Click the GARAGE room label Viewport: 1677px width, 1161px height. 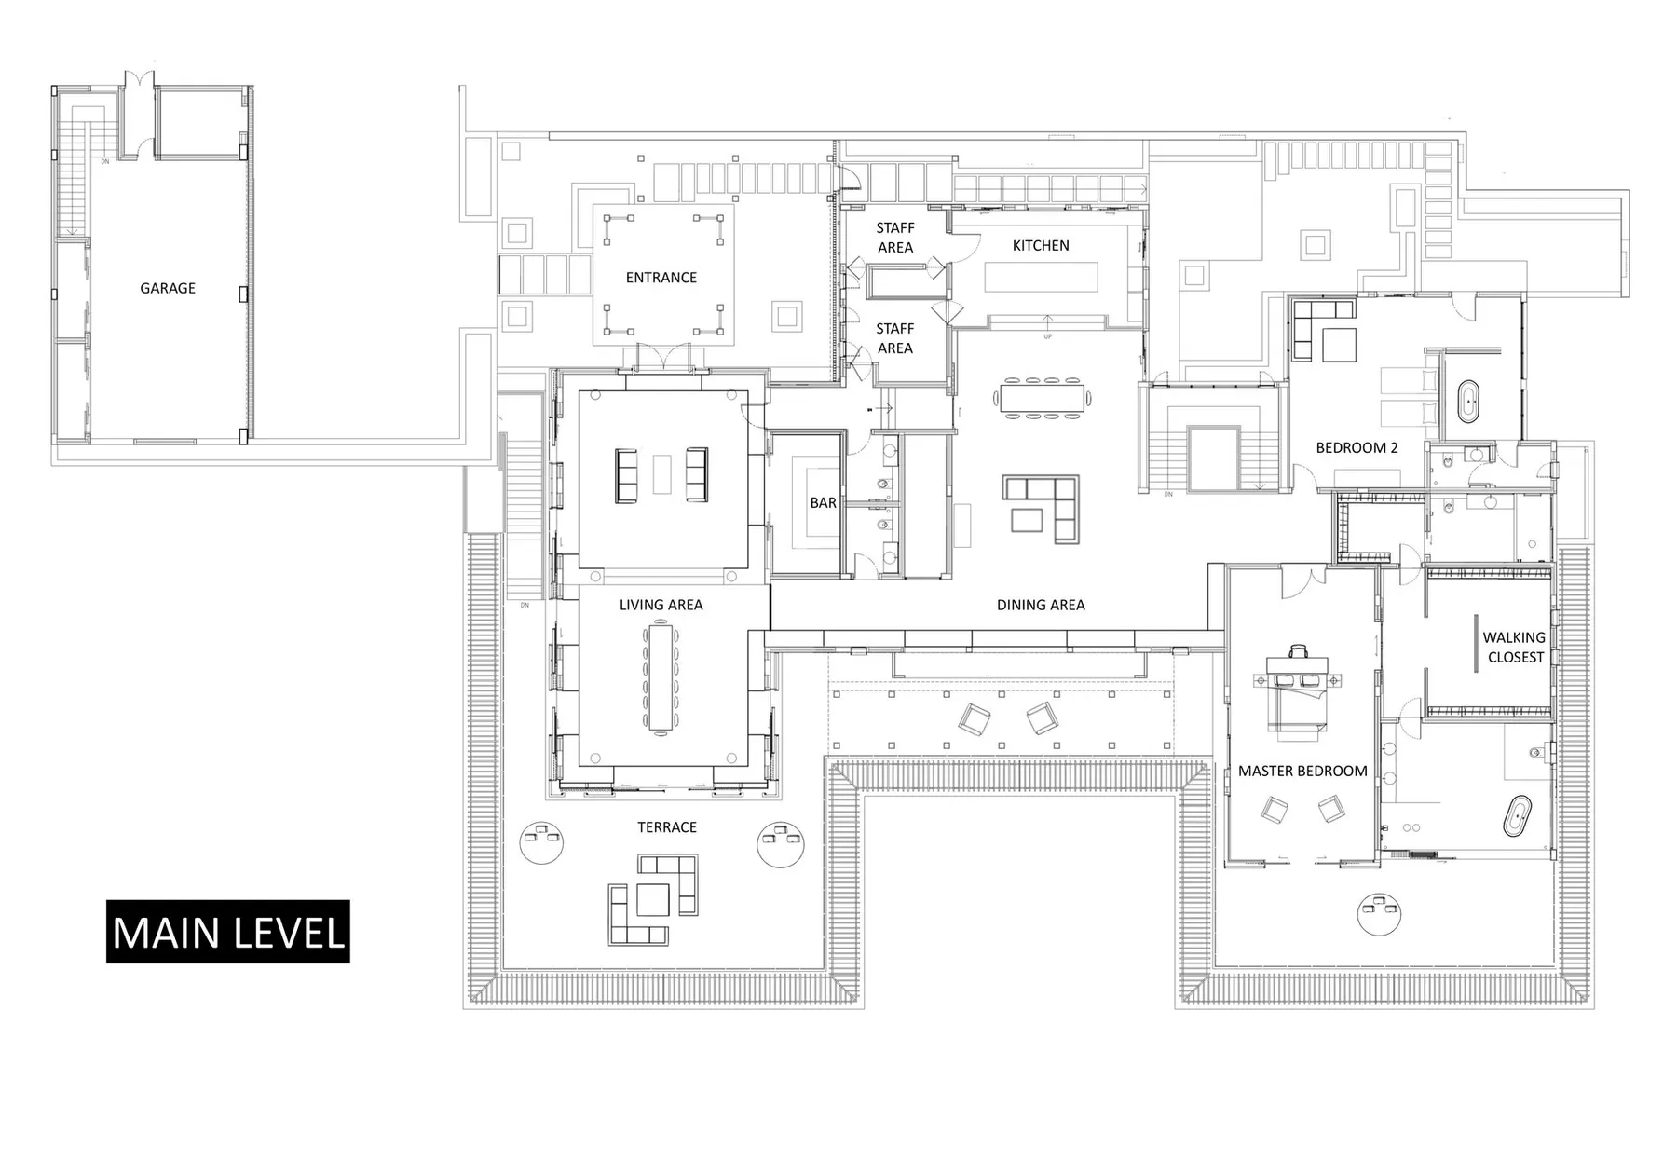click(x=168, y=288)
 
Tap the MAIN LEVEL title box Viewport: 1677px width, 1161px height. click(x=228, y=932)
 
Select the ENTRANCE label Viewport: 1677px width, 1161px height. click(x=661, y=278)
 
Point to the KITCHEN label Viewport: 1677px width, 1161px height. click(x=1041, y=246)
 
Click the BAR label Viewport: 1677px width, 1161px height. click(x=823, y=503)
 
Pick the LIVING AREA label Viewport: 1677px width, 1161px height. click(x=661, y=605)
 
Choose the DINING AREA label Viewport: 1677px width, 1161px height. click(x=1041, y=605)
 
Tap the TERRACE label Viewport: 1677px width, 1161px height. click(x=667, y=827)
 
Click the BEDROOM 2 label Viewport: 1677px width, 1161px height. click(x=1357, y=448)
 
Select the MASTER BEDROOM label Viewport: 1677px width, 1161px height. click(x=1302, y=772)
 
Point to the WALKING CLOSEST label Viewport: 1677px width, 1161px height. click(x=1515, y=648)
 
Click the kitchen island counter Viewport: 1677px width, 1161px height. click(x=1042, y=278)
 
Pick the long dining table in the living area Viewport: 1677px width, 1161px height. click(x=661, y=678)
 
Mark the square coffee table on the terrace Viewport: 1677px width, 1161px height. click(x=653, y=899)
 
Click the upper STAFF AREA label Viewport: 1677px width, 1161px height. click(x=895, y=238)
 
